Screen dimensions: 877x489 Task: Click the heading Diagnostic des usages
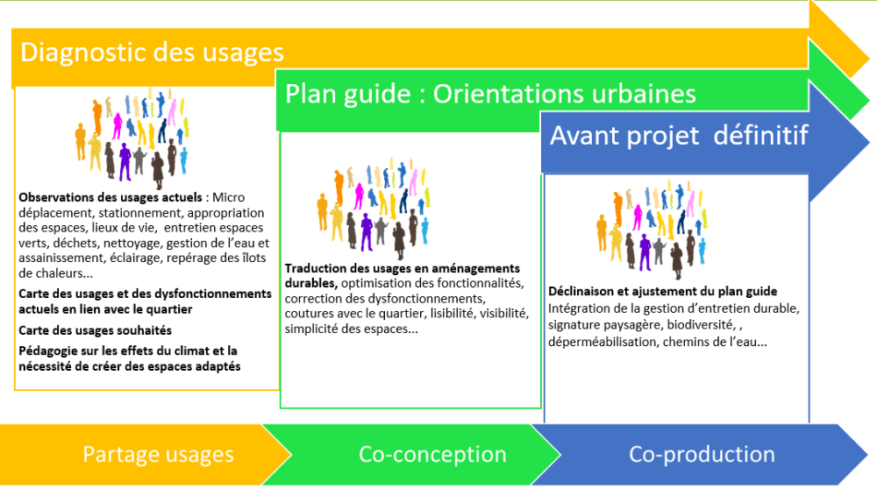[x=152, y=53]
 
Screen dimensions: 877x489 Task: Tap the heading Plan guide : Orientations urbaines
[x=490, y=94]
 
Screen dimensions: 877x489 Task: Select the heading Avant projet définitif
[x=679, y=135]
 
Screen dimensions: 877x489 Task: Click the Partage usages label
[x=158, y=454]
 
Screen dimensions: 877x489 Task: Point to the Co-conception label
[x=432, y=454]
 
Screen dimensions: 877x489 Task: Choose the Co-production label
[x=702, y=454]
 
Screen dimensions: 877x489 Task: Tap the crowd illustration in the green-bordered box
[x=374, y=209]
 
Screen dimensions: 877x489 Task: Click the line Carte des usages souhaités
[x=95, y=330]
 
